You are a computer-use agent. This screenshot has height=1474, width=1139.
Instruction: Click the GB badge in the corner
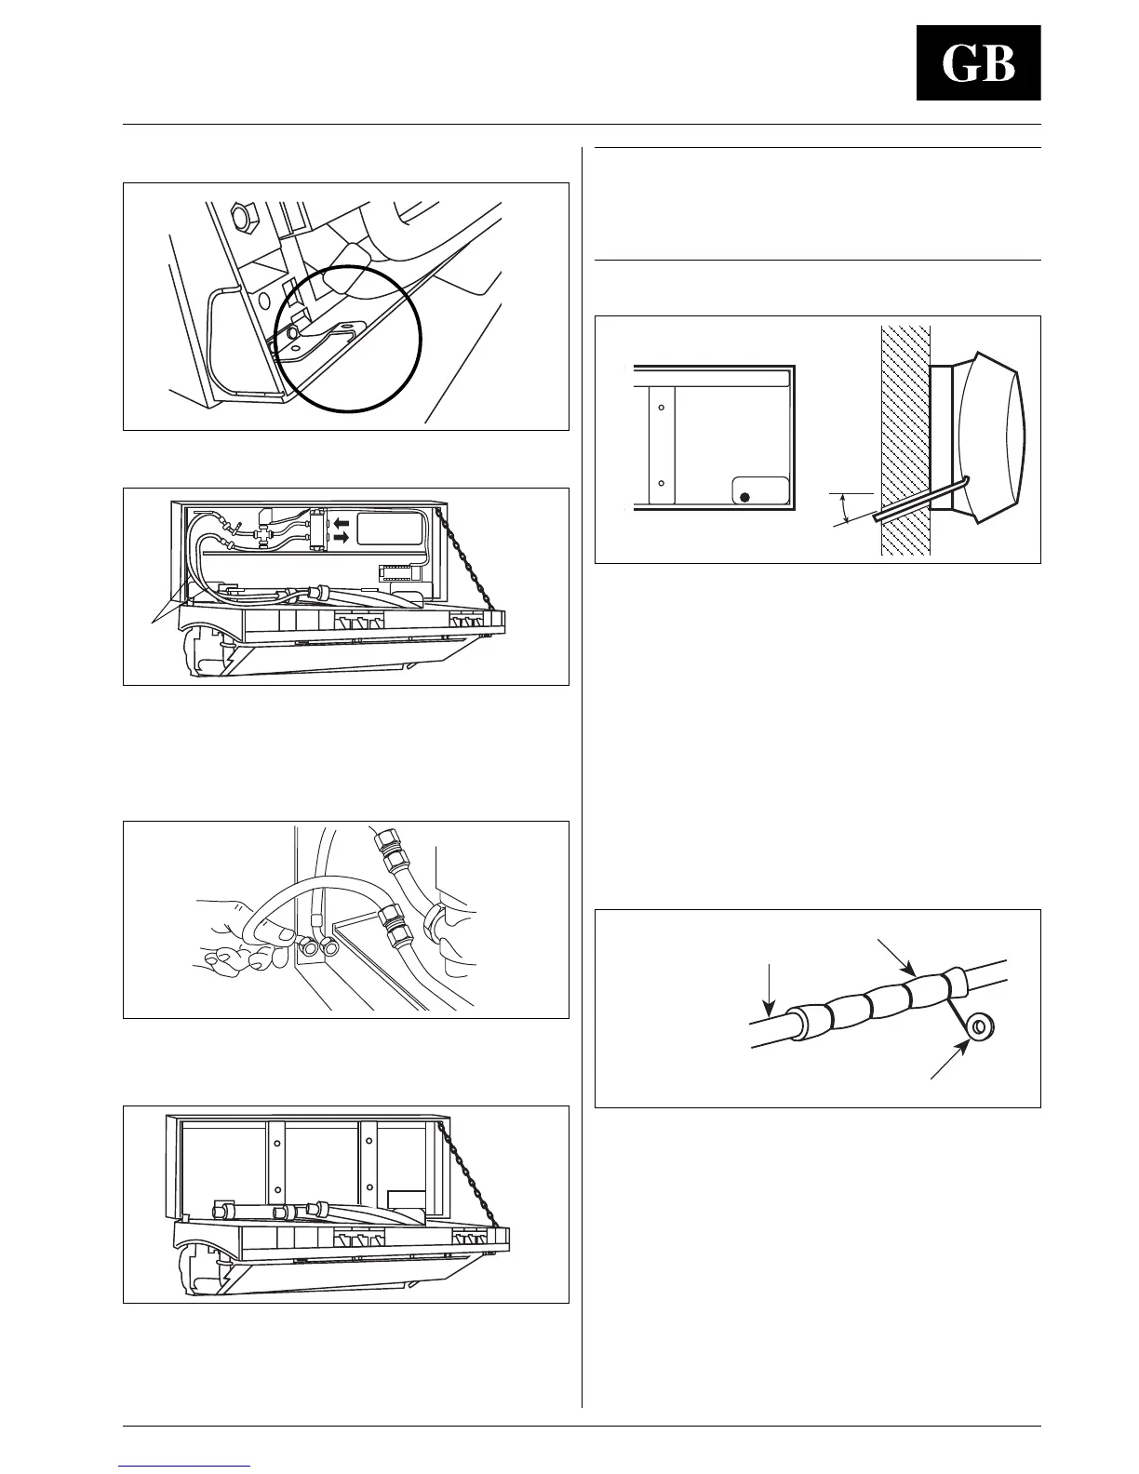coord(978,63)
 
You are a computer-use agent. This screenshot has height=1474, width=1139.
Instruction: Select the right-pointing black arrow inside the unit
coord(342,538)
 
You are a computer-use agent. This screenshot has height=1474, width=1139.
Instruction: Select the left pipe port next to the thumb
coord(309,948)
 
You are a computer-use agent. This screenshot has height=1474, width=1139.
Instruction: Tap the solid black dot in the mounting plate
coord(744,497)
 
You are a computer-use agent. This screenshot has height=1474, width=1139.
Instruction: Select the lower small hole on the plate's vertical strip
coord(660,484)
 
